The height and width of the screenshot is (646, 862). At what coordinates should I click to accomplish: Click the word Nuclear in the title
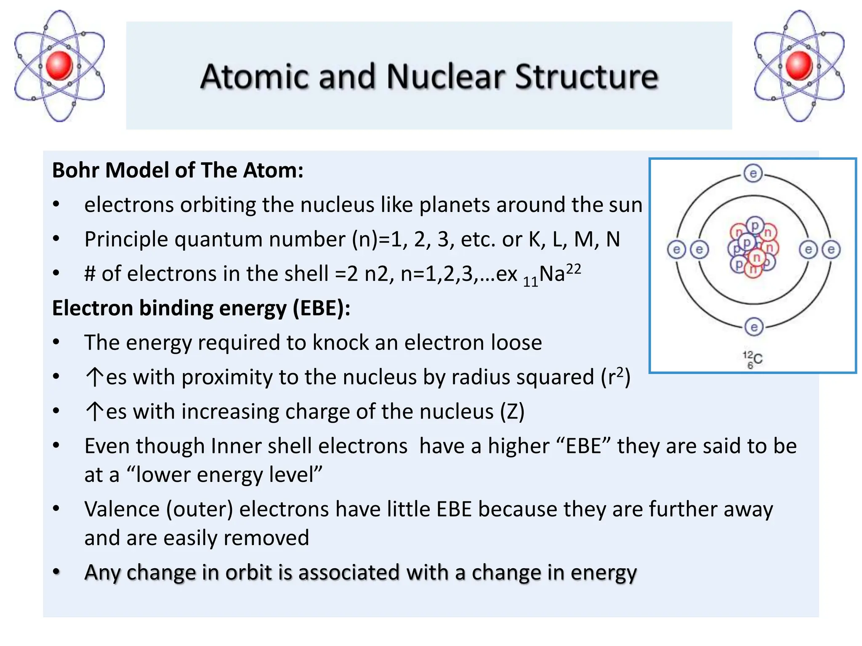[x=446, y=77]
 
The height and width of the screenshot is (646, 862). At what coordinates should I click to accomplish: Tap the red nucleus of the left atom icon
[x=59, y=66]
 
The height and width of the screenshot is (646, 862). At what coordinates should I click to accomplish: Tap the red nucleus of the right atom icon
[x=798, y=66]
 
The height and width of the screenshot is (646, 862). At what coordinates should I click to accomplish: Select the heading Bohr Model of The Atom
[x=178, y=170]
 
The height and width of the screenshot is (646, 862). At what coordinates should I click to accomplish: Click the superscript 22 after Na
[x=573, y=269]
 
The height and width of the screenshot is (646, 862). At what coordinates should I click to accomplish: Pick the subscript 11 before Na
[x=530, y=281]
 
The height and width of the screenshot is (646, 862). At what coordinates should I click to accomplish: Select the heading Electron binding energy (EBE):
[x=201, y=308]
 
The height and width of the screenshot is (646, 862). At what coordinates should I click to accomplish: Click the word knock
[x=340, y=343]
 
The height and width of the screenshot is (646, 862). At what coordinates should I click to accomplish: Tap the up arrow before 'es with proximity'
[x=94, y=377]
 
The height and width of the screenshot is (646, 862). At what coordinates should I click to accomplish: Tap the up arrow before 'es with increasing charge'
[x=94, y=411]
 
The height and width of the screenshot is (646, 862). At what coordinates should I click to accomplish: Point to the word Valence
[x=122, y=509]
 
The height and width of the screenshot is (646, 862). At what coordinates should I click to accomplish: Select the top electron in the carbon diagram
[x=753, y=173]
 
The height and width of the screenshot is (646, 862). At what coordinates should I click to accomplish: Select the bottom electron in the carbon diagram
[x=753, y=327]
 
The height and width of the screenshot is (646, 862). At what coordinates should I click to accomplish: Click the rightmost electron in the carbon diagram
[x=831, y=250]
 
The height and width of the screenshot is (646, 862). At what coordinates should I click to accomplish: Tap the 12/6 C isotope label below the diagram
[x=752, y=360]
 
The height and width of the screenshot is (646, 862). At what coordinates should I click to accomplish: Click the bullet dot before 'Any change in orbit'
[x=56, y=572]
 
